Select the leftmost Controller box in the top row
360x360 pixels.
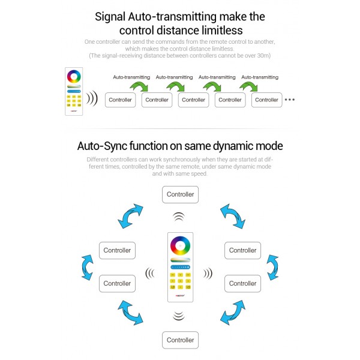click(120, 100)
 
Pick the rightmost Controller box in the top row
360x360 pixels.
click(266, 100)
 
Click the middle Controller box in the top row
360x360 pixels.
click(193, 100)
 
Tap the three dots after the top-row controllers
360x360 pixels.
click(290, 100)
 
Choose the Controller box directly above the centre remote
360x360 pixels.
click(180, 194)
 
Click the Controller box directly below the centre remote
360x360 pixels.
click(180, 340)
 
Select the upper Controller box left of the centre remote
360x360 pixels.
click(117, 250)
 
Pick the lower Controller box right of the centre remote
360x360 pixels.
click(242, 283)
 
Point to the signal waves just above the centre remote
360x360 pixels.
click(179, 217)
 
